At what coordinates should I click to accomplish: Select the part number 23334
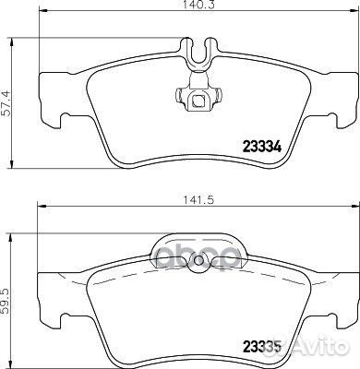pos(261,143)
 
